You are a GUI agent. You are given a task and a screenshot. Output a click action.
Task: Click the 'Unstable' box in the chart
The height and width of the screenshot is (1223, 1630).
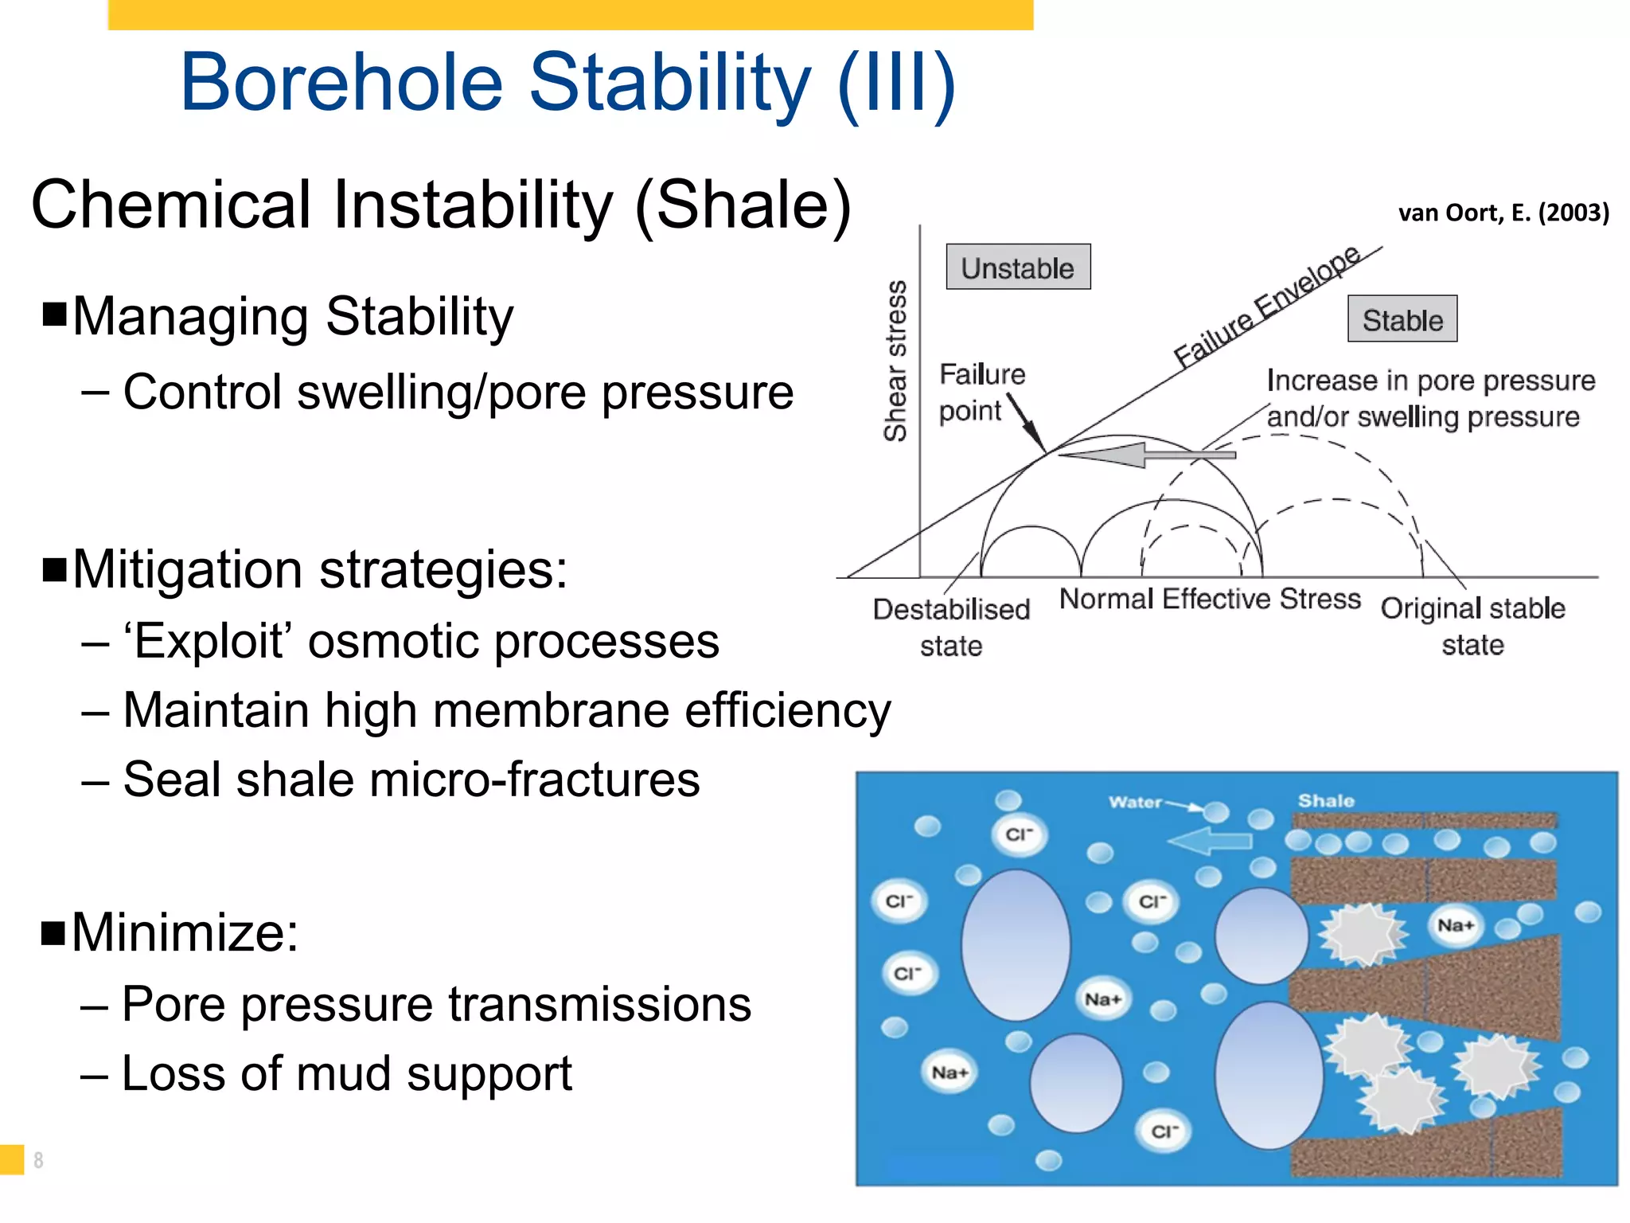(1017, 268)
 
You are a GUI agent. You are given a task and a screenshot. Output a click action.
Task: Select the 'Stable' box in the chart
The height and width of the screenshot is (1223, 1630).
(1402, 319)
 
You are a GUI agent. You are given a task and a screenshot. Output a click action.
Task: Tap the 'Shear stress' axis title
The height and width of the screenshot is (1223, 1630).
(895, 361)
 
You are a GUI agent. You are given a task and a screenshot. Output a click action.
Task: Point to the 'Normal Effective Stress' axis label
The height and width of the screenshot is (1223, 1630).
(1209, 599)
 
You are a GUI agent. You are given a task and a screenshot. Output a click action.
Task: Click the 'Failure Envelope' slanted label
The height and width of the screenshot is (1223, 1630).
(1266, 307)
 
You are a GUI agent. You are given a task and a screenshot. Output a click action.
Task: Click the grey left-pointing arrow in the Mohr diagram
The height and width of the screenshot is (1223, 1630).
(1146, 455)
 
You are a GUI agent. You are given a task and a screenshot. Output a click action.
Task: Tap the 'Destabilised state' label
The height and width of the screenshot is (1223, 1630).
(951, 627)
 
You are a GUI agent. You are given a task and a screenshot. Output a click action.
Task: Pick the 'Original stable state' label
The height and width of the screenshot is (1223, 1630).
(1472, 626)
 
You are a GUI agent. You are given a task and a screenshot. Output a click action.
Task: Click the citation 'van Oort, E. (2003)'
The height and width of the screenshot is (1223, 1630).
(1503, 213)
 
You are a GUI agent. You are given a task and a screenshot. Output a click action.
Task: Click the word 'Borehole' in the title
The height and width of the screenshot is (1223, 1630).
(341, 82)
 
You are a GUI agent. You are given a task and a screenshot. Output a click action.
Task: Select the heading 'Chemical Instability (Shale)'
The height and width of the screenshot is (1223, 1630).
(441, 205)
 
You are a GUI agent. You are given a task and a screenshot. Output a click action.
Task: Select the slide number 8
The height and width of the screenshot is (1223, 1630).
(38, 1160)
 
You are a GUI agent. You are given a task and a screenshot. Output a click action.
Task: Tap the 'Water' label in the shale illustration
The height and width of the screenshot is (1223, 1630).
(1135, 802)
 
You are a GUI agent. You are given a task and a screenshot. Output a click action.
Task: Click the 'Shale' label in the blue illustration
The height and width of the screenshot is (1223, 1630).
(1325, 800)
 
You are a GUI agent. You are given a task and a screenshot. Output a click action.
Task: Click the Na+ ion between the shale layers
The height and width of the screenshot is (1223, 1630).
(1455, 925)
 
